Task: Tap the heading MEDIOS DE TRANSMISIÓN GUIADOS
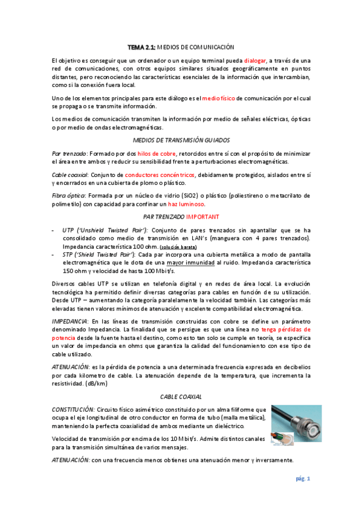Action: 181,139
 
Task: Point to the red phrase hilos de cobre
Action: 157,153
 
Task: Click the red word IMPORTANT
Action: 203,216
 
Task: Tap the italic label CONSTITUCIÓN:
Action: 74,409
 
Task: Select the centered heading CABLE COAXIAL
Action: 181,396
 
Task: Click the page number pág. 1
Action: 302,479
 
